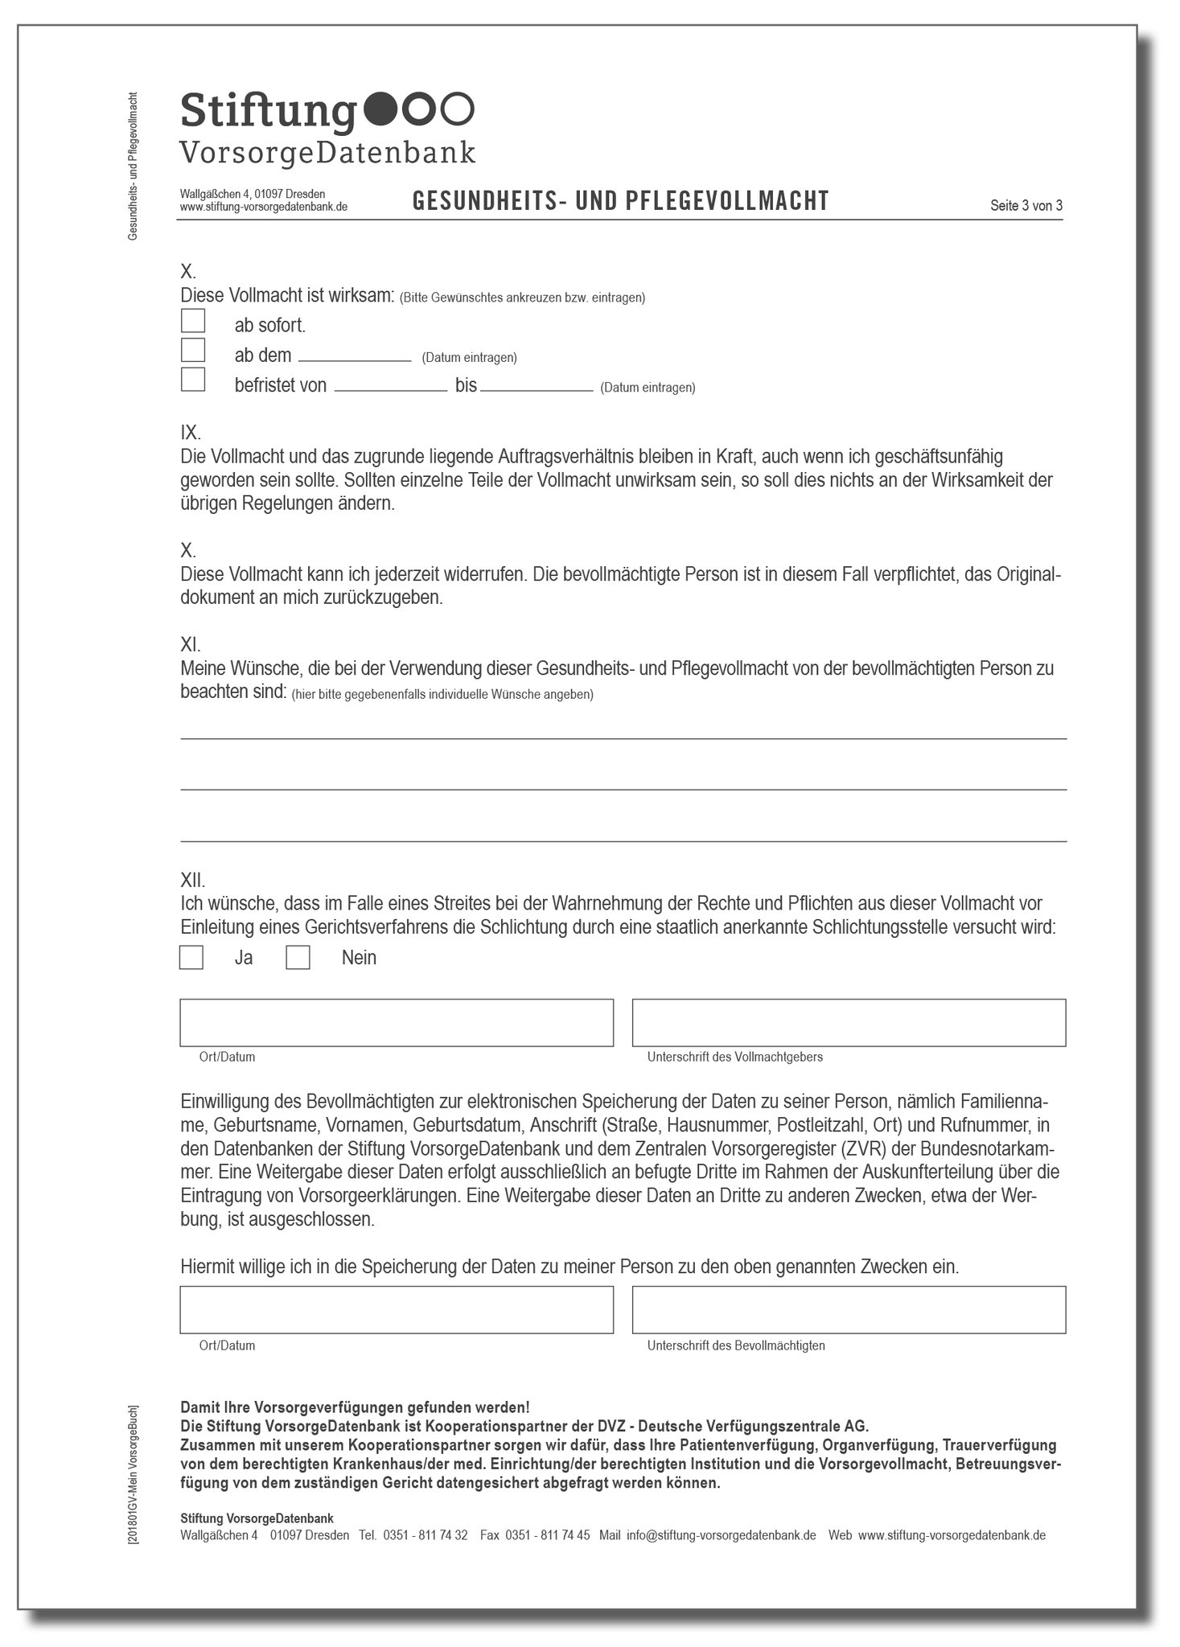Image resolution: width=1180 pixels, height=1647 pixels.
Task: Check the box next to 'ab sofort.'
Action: pyautogui.click(x=193, y=321)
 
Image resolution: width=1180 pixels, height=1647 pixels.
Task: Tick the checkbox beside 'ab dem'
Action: pyautogui.click(x=193, y=351)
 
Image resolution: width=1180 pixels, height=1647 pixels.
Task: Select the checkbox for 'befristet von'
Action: pyautogui.click(x=193, y=380)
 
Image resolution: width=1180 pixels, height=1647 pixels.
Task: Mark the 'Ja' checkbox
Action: pyautogui.click(x=191, y=958)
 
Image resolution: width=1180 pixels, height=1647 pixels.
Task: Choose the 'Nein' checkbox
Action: pyautogui.click(x=298, y=958)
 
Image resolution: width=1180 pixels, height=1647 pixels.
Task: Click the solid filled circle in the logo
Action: pyautogui.click(x=380, y=109)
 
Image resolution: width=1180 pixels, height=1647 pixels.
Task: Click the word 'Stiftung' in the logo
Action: pyautogui.click(x=268, y=111)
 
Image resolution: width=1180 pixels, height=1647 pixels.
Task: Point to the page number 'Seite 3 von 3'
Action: pyautogui.click(x=1026, y=206)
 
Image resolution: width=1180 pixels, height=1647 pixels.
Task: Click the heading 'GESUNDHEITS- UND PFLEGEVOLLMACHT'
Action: pyautogui.click(x=620, y=201)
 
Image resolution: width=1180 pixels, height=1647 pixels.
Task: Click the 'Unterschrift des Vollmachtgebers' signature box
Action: pyautogui.click(x=849, y=1023)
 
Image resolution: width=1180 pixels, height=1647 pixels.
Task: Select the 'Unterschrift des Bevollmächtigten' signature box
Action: pyautogui.click(x=849, y=1310)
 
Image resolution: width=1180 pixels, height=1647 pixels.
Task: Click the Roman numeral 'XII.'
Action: pyautogui.click(x=193, y=881)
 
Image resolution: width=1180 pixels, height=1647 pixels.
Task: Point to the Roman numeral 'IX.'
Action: pyautogui.click(x=191, y=433)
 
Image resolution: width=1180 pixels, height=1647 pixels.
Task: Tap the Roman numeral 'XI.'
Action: pyautogui.click(x=191, y=645)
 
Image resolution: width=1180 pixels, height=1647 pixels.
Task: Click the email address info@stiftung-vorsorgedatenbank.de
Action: pyautogui.click(x=721, y=1535)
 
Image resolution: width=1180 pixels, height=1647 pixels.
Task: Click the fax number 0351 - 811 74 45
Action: pyautogui.click(x=547, y=1535)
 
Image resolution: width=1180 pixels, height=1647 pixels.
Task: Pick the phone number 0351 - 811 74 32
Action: pyautogui.click(x=425, y=1535)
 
